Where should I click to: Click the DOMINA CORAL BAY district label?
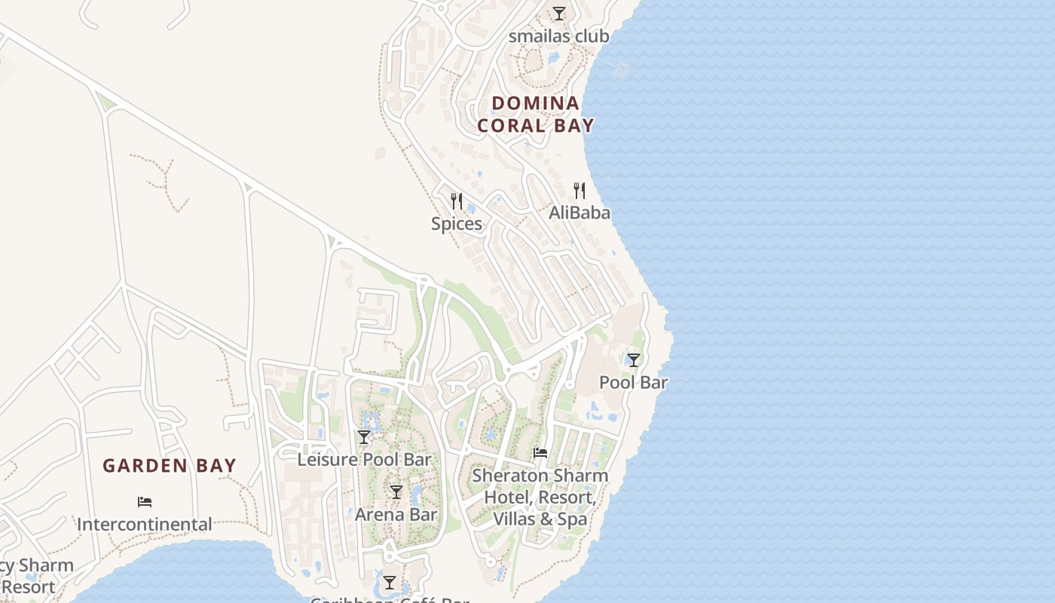(x=535, y=114)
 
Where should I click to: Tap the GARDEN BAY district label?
(x=170, y=466)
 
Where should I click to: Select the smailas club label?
(x=558, y=36)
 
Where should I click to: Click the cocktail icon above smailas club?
(x=558, y=14)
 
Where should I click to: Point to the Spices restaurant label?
(x=457, y=224)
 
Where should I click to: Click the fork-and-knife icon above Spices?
(x=457, y=201)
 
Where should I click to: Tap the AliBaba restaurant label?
(x=579, y=213)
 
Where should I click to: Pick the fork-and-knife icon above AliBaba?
(x=579, y=190)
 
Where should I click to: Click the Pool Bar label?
(x=633, y=382)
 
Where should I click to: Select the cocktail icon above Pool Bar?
(x=634, y=360)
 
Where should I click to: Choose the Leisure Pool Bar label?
(x=364, y=459)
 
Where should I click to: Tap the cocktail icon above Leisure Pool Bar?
(x=364, y=437)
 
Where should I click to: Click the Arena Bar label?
(x=396, y=515)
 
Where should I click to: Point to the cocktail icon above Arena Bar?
(x=396, y=492)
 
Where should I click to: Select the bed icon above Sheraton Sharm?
(x=540, y=453)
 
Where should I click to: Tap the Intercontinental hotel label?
(x=144, y=524)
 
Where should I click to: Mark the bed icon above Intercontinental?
(x=145, y=501)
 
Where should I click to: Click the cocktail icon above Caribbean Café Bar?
(x=389, y=583)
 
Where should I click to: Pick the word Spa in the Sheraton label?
(x=572, y=519)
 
